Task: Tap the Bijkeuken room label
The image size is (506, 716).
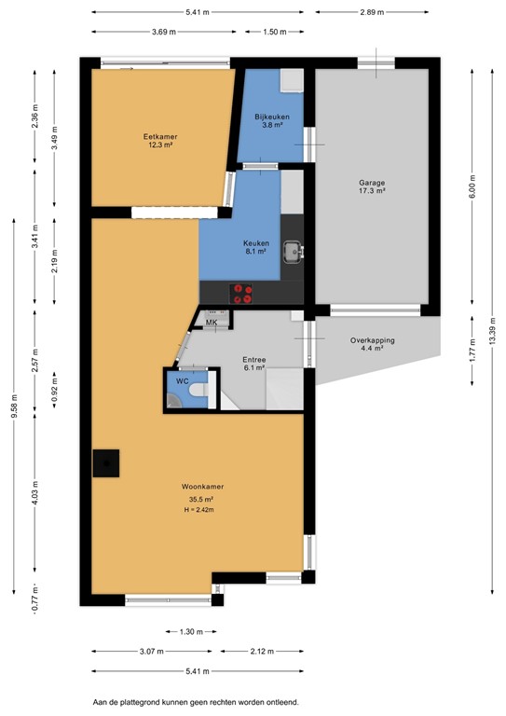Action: point(272,117)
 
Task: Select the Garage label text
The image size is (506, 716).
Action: point(373,183)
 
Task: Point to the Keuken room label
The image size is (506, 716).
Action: point(255,243)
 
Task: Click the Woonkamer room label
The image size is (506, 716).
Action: point(202,487)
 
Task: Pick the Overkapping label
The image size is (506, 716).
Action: point(373,340)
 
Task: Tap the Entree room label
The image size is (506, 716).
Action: point(254,360)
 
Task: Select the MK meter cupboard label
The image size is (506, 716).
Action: point(212,323)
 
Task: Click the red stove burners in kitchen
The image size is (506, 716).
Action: point(243,294)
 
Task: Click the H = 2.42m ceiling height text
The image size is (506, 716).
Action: point(202,510)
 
